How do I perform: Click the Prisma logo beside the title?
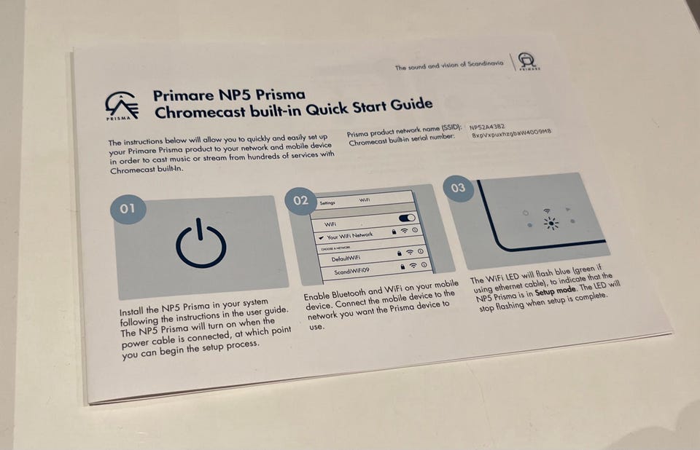[122, 106]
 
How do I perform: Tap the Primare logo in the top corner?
[528, 61]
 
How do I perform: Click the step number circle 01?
[128, 208]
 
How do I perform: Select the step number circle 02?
[300, 201]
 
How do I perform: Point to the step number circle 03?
[458, 188]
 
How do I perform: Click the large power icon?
[201, 243]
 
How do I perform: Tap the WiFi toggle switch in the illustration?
[406, 218]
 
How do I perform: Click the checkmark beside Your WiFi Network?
[321, 238]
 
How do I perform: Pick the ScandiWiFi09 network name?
[351, 271]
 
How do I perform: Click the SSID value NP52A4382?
[487, 127]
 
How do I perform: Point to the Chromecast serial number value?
[512, 133]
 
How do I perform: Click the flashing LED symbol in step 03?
[551, 223]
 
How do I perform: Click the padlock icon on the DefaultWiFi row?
[400, 253]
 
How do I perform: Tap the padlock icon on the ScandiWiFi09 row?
[402, 267]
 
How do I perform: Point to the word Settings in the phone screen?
[327, 203]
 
